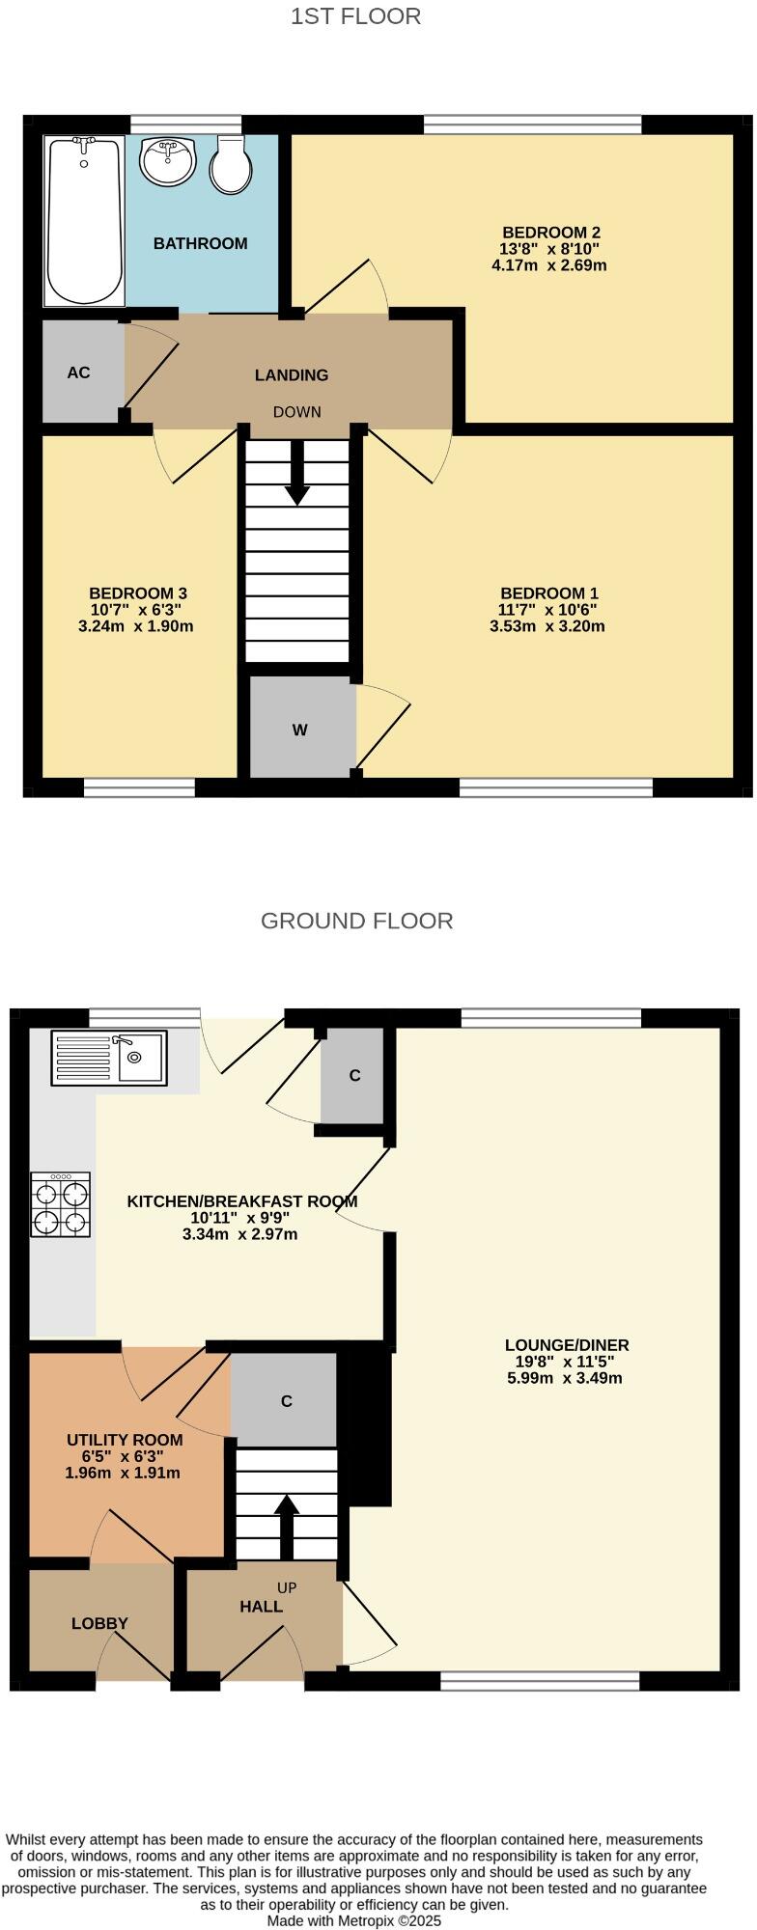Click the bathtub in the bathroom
[x=85, y=220]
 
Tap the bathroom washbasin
[x=167, y=159]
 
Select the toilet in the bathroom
[x=230, y=166]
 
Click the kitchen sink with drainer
[x=109, y=1058]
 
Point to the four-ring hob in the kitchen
[x=61, y=1204]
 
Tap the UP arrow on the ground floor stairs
[x=287, y=1526]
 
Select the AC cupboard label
[x=78, y=372]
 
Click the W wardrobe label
[x=300, y=730]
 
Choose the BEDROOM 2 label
[x=550, y=233]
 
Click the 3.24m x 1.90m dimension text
[x=135, y=625]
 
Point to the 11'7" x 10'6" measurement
[x=548, y=610]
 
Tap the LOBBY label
[x=99, y=1623]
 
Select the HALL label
[x=261, y=1606]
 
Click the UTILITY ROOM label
[x=125, y=1440]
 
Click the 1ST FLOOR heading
[x=355, y=16]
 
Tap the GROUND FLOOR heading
[x=356, y=921]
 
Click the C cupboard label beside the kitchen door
[x=354, y=1075]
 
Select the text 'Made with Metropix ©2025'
[x=354, y=1920]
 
